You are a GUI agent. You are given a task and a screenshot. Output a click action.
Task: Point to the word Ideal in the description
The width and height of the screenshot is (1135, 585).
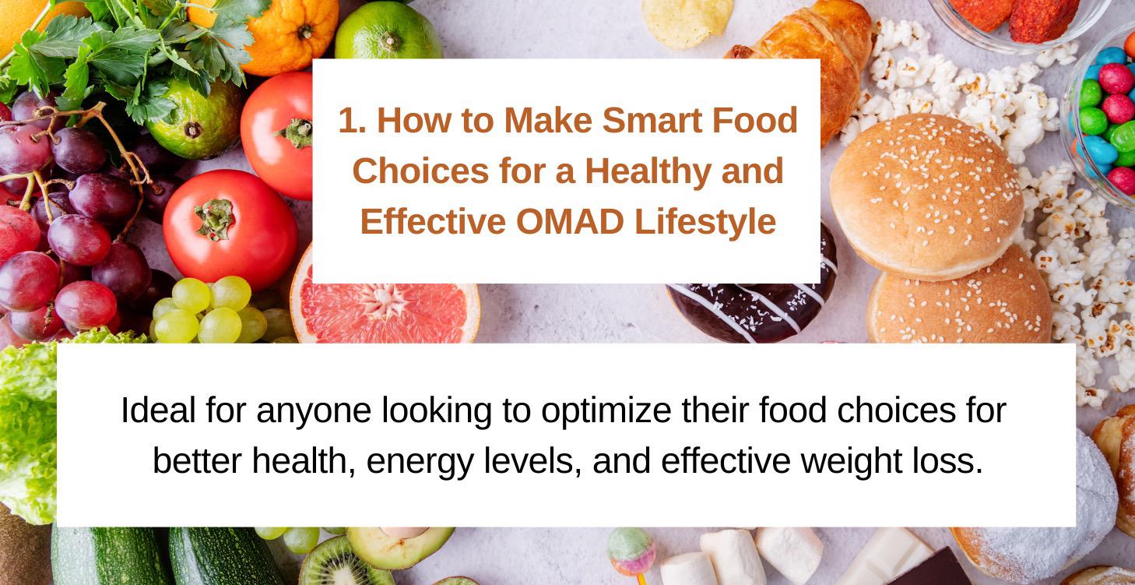pos(158,411)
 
